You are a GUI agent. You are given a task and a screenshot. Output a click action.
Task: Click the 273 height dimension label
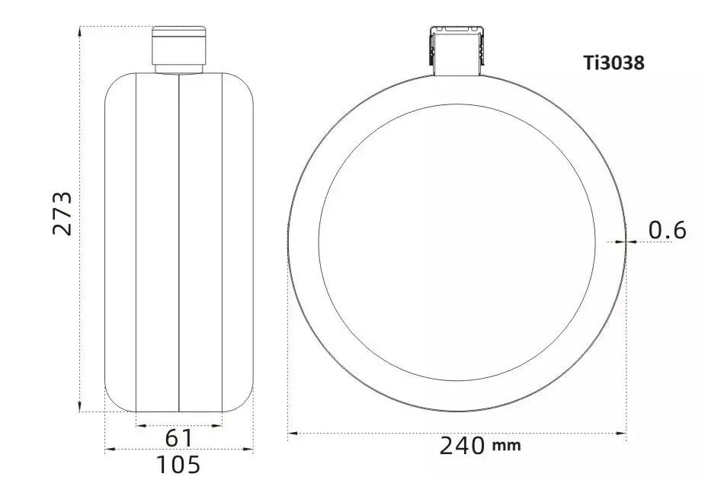62,213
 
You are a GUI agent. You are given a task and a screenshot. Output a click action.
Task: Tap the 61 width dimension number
179,438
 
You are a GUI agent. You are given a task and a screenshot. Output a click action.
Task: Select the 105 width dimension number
178,464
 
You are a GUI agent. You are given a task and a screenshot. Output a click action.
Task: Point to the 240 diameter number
462,446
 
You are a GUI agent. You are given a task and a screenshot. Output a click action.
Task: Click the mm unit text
507,446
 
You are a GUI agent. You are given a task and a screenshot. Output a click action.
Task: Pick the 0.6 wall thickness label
668,230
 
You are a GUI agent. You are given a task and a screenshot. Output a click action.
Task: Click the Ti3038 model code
614,62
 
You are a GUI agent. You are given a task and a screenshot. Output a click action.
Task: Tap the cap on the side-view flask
179,46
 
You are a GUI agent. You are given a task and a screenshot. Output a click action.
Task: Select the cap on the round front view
457,50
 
